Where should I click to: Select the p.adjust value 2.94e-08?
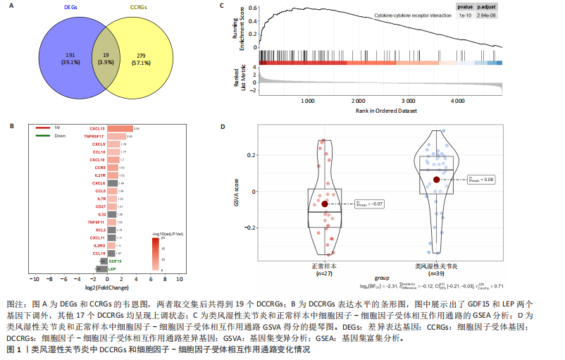point(486,14)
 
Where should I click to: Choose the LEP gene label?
point(113,268)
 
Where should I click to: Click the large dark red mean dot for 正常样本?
point(325,204)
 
